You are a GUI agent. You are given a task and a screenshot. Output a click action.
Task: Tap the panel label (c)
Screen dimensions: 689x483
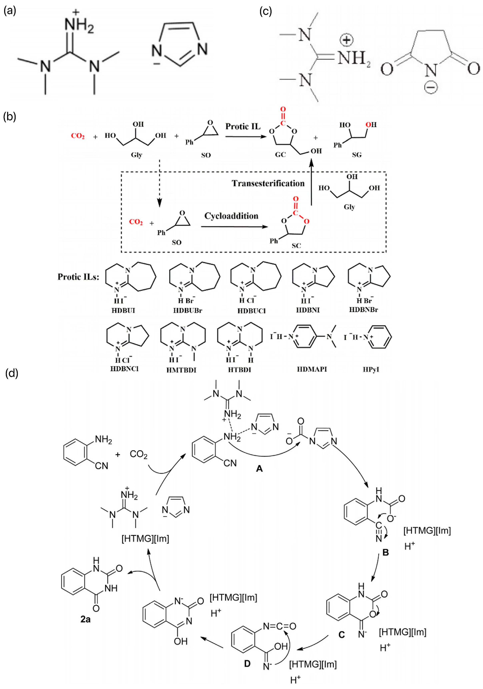265,11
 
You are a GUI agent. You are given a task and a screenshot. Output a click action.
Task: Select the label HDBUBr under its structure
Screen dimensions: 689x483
188,310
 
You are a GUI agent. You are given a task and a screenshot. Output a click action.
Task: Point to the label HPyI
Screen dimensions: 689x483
371,369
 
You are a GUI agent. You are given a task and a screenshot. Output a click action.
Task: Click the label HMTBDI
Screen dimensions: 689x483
181,370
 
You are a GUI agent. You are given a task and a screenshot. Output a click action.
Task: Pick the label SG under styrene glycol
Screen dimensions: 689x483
357,155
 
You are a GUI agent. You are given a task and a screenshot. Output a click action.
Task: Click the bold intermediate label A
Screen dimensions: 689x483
259,468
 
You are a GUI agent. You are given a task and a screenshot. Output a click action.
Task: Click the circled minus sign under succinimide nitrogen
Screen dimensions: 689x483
431,87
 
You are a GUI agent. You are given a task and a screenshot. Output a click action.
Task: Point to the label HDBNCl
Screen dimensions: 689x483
124,369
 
